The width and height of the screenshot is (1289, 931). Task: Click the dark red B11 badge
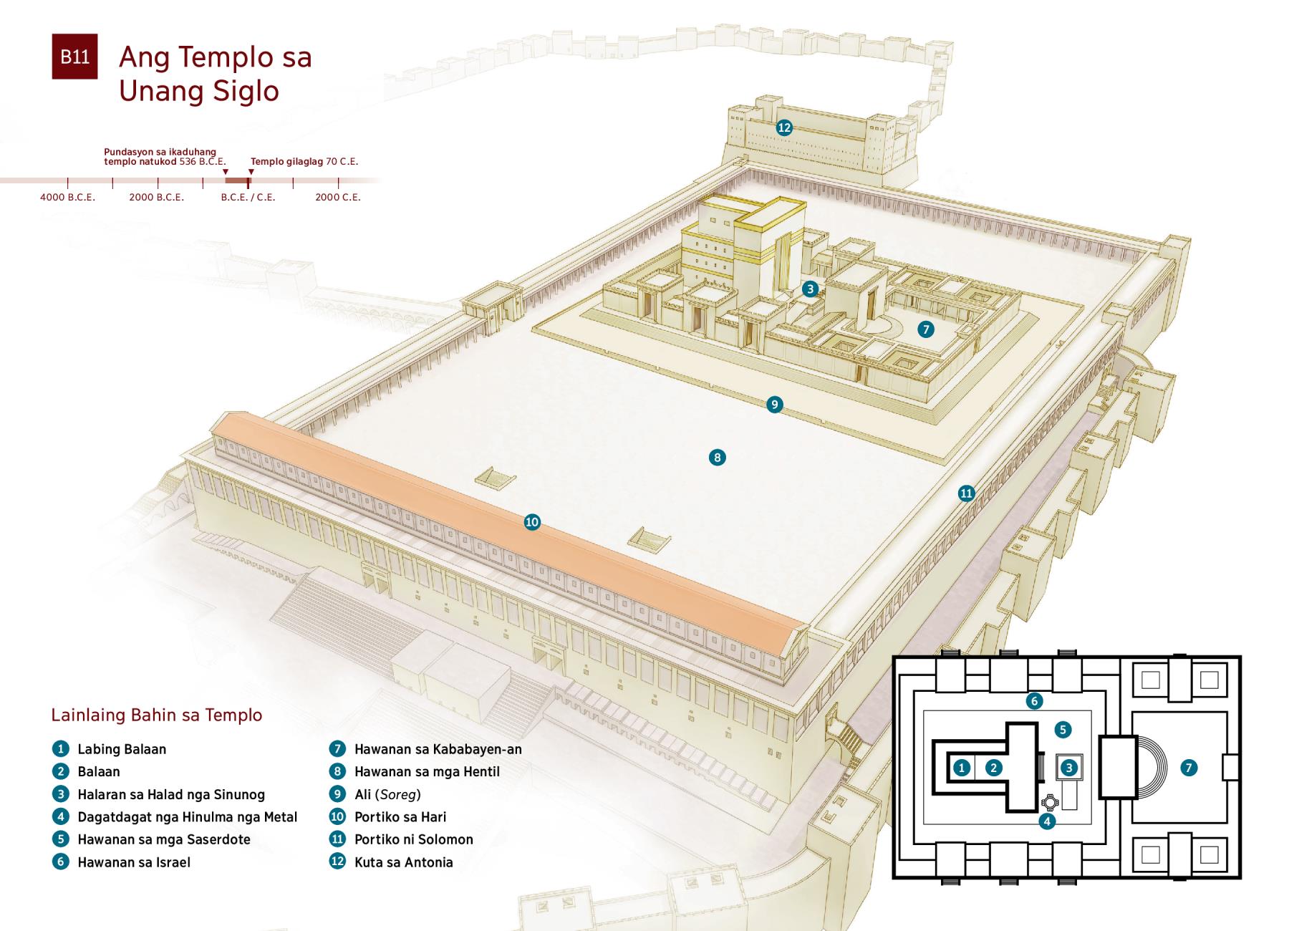(x=74, y=57)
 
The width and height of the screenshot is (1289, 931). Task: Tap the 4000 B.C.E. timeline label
(x=67, y=197)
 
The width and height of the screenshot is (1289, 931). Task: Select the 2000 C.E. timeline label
(x=338, y=197)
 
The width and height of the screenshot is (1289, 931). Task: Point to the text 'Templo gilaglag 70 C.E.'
(x=304, y=162)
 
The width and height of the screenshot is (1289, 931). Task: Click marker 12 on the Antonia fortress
(x=784, y=127)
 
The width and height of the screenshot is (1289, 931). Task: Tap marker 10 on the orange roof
(x=532, y=522)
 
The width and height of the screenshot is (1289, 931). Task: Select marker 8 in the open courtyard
(x=717, y=457)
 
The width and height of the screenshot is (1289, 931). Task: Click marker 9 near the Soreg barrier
(x=774, y=405)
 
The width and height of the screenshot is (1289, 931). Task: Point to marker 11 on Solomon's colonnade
(x=967, y=493)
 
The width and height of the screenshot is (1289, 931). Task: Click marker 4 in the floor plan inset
(x=1047, y=821)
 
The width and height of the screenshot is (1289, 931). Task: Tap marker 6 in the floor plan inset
(x=1033, y=701)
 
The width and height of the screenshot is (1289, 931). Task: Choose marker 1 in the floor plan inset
(x=962, y=768)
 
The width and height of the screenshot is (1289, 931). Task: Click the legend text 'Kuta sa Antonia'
(x=403, y=862)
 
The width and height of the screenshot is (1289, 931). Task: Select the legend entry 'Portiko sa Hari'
(x=400, y=817)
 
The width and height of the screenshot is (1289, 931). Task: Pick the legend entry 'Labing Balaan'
(x=122, y=749)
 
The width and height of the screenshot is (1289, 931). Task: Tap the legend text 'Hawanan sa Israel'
(x=134, y=862)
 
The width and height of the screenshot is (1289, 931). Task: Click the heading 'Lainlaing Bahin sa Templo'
(x=157, y=715)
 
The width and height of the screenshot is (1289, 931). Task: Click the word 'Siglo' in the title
(x=243, y=91)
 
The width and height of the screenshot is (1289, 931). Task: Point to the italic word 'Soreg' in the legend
(x=398, y=794)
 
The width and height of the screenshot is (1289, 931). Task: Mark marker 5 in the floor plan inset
(x=1063, y=730)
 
